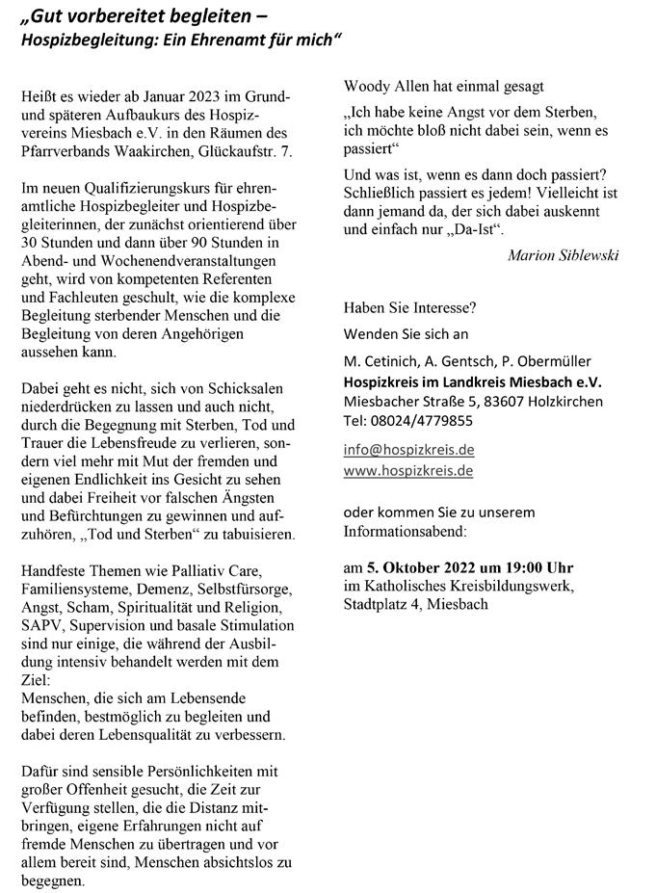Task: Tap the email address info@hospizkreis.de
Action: pos(408,450)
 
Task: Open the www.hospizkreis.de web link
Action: pos(408,471)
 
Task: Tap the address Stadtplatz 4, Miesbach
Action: pos(415,605)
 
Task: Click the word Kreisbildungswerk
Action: pos(516,586)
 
